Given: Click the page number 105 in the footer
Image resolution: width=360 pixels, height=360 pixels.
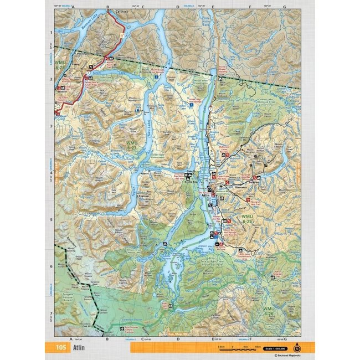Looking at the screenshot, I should [59, 348].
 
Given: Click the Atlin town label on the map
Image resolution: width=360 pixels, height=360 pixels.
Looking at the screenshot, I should [205, 196].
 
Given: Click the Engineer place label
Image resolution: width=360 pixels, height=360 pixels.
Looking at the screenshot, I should [144, 197].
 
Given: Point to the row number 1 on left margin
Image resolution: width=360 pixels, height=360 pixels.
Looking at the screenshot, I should [50, 32].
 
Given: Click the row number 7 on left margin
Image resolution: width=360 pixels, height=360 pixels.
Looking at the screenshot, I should [50, 313].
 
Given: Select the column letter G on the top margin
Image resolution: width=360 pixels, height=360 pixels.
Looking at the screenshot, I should [284, 7].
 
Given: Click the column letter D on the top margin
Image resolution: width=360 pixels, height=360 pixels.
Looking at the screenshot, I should [178, 7].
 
